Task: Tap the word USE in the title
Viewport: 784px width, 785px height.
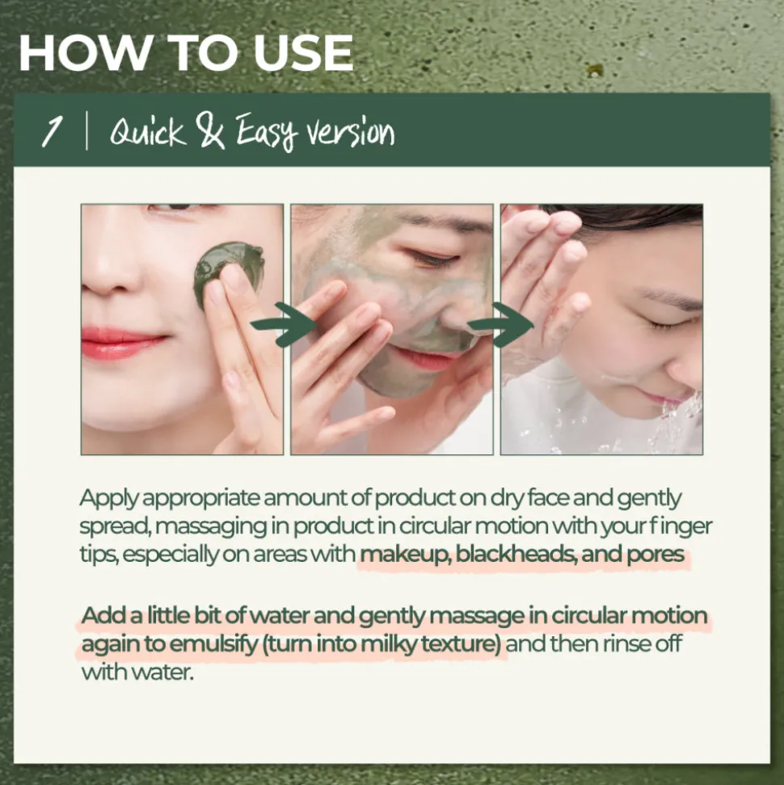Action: click(303, 53)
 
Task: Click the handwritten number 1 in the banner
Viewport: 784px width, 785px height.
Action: click(52, 131)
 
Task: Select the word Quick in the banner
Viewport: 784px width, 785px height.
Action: click(147, 133)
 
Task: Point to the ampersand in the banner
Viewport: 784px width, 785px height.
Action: click(212, 131)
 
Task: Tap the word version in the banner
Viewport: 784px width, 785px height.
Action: click(351, 132)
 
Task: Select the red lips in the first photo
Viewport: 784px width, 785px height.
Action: click(123, 343)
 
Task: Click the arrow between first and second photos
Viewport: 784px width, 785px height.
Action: click(285, 324)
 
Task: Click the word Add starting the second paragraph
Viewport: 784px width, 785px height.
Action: click(103, 615)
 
